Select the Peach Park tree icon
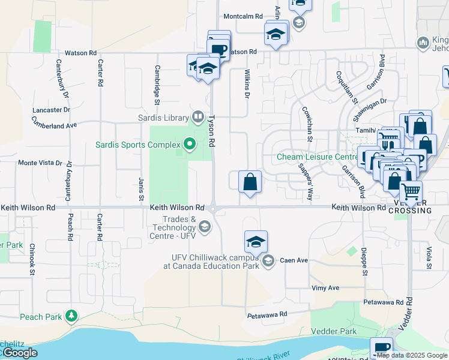[x=71, y=316]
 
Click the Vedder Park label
[x=334, y=331]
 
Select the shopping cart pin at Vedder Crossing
[x=411, y=192]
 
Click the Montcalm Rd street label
[x=243, y=16]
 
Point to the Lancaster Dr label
[x=52, y=110]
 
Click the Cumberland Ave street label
[x=55, y=125]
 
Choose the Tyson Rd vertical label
[x=211, y=132]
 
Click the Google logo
[x=20, y=353]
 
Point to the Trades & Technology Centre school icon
[x=205, y=226]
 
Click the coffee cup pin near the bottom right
[x=381, y=348]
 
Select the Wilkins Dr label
[x=246, y=83]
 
